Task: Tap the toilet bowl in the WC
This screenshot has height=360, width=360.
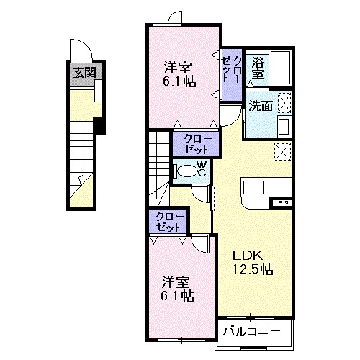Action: coord(187,171)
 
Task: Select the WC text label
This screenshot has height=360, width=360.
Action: coord(202,170)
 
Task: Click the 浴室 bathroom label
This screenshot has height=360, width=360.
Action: coord(257,68)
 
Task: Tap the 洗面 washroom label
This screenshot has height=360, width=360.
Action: coord(260,105)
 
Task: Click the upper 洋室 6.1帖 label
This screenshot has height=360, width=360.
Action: coord(179,74)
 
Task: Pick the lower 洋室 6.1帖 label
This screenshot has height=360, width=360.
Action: coord(176,287)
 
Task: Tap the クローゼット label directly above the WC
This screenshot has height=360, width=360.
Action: coord(192,143)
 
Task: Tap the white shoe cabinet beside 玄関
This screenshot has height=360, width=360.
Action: coord(97,89)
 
